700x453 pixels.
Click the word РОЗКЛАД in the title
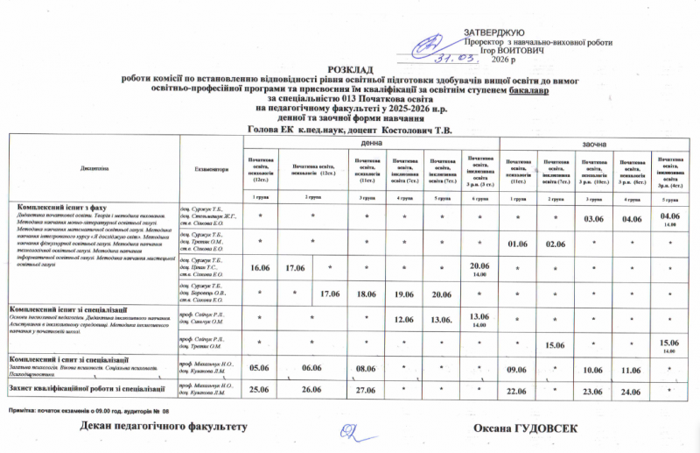tap(350, 68)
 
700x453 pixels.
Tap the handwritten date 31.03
tap(457, 57)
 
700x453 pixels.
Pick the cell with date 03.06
tap(593, 217)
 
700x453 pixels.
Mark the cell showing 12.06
tap(403, 318)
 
